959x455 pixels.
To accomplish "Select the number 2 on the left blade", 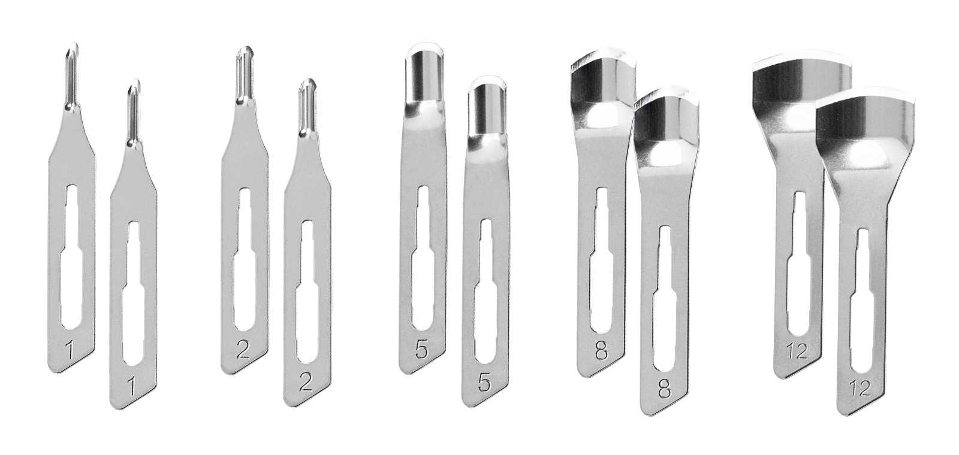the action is [x=243, y=350].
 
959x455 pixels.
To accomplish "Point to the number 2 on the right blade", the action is [x=306, y=383].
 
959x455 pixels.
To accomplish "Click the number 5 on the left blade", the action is [x=421, y=350].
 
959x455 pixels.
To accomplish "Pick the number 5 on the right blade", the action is [x=484, y=383].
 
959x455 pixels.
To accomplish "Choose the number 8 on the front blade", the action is [x=665, y=390].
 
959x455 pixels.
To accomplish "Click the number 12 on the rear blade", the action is [x=797, y=351].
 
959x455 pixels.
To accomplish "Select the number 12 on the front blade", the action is [x=861, y=389].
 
